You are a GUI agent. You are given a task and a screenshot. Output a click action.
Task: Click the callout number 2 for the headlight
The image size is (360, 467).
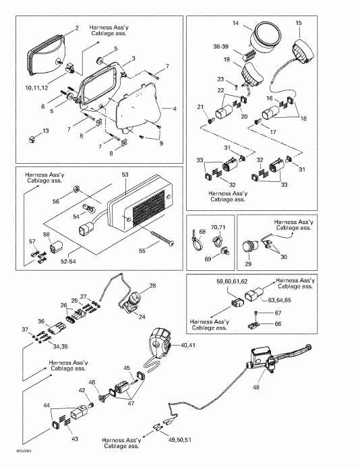76,28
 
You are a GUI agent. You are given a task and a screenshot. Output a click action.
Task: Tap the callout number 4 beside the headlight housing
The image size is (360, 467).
174,108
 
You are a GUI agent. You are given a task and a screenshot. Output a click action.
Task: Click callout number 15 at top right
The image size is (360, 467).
298,24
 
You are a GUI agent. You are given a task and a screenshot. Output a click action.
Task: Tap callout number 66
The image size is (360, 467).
276,324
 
